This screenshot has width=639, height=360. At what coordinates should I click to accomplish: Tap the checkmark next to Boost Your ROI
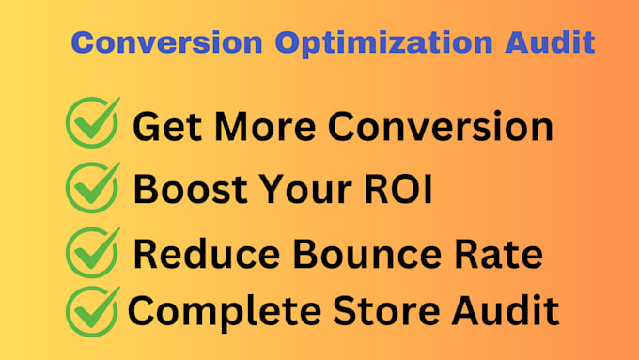[x=92, y=187]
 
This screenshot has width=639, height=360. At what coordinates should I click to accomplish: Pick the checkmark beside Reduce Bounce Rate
[x=92, y=251]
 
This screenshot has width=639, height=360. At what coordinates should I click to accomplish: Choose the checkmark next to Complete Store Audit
[x=92, y=310]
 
